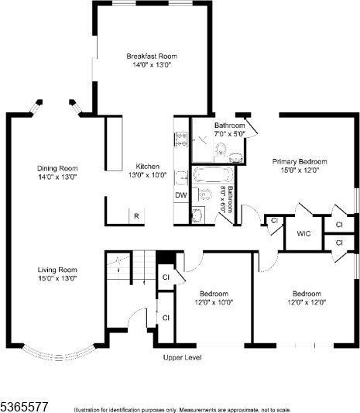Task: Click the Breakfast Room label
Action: [153, 56]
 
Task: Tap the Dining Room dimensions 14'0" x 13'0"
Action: [58, 177]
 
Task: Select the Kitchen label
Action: [147, 167]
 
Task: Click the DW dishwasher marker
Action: [180, 195]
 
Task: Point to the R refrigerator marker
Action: [136, 216]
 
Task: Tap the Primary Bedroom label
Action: [300, 162]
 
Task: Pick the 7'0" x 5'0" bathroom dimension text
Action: [229, 134]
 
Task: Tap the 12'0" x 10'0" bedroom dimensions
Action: [214, 303]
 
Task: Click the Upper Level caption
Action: [182, 358]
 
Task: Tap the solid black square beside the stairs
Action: [164, 257]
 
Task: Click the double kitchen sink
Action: [181, 139]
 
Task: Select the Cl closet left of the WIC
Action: [273, 222]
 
